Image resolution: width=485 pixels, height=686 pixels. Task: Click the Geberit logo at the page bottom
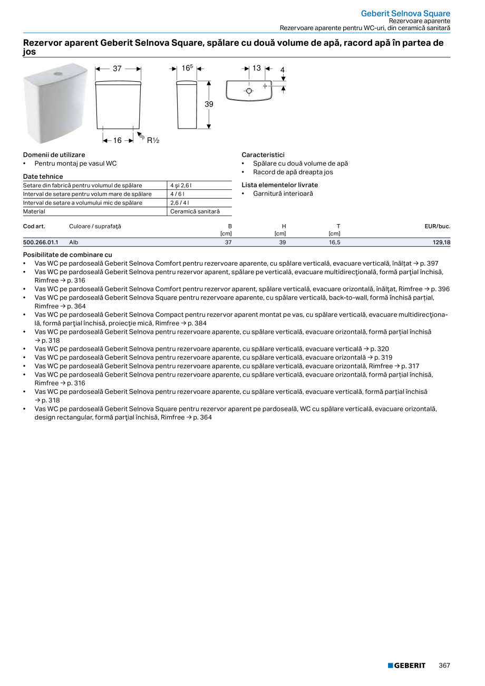[x=406, y=665]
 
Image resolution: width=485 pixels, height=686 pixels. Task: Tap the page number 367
[x=444, y=665]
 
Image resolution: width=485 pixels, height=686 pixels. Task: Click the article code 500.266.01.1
[x=41, y=242]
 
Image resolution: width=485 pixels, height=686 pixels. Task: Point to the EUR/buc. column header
[x=437, y=226]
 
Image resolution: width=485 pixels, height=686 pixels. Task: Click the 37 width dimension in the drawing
[x=117, y=69]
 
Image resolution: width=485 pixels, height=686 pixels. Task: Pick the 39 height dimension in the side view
[x=209, y=104]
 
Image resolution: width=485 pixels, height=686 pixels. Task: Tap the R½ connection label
[x=153, y=140]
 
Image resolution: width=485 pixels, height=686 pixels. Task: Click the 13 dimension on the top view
[x=256, y=68]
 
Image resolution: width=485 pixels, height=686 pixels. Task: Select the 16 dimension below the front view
[x=117, y=140]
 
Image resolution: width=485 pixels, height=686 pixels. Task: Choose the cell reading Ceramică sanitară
[x=195, y=211]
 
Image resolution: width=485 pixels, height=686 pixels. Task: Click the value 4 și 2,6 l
[x=180, y=186]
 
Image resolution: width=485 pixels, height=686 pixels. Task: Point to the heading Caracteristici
[x=263, y=155]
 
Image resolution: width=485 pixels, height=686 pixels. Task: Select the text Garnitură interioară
[x=283, y=194]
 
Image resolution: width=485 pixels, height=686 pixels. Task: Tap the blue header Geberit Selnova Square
[x=405, y=13]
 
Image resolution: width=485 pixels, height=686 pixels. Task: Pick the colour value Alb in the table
[x=74, y=242]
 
